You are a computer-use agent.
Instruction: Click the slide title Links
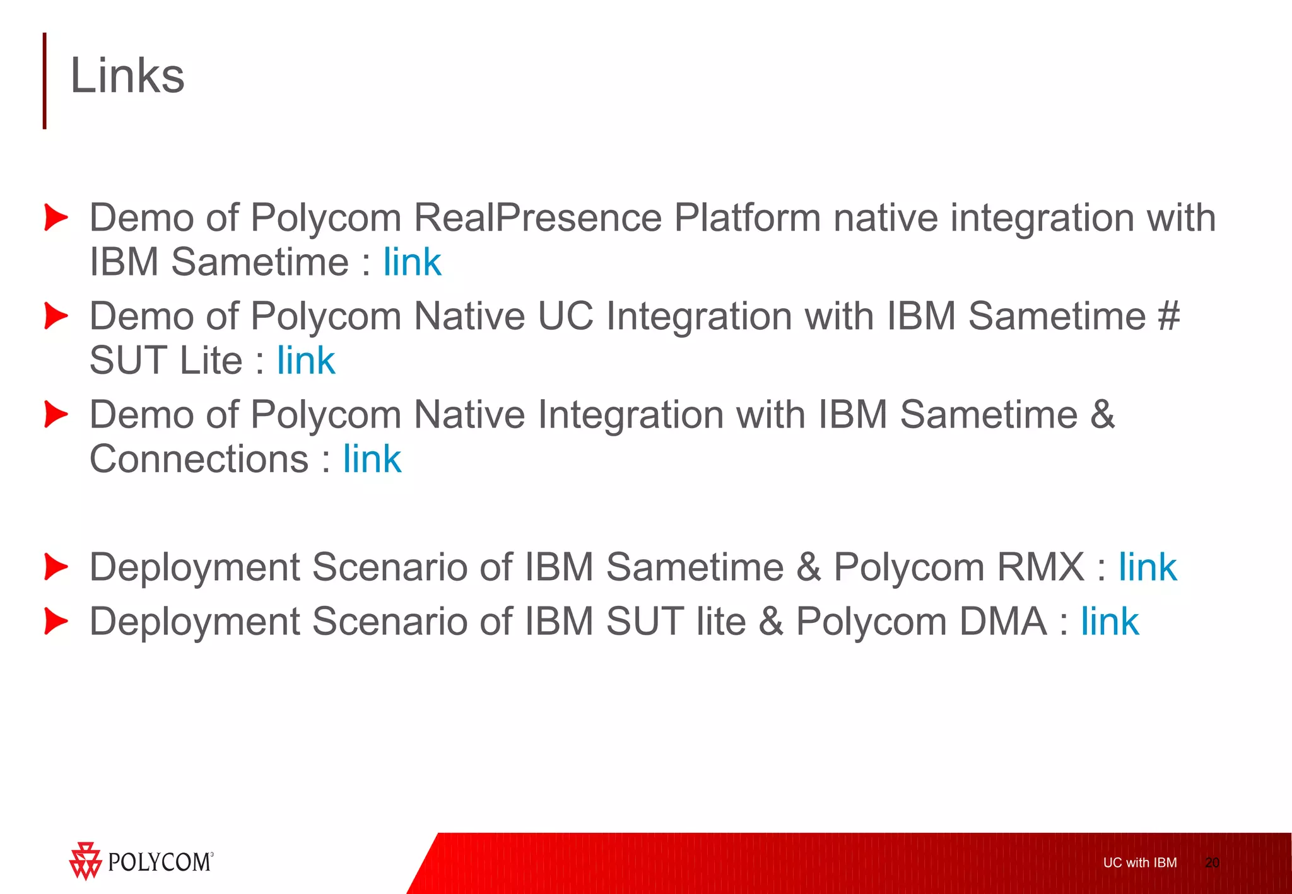[127, 76]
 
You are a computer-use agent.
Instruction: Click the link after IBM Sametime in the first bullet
[412, 262]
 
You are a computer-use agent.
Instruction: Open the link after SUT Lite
[306, 361]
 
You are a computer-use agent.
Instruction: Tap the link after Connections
[372, 459]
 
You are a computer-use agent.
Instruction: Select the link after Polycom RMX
[1147, 567]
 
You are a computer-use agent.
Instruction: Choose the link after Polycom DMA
[1109, 622]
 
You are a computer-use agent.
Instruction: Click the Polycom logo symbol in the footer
[85, 861]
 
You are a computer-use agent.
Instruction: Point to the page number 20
[1212, 863]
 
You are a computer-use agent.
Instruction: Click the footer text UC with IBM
[1139, 863]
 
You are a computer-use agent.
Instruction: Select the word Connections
[199, 459]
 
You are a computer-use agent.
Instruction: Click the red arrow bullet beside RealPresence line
[56, 218]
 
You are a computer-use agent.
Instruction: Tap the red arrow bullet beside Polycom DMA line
[56, 622]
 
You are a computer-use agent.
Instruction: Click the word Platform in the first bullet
[747, 218]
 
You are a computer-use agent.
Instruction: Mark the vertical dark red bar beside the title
[45, 81]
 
